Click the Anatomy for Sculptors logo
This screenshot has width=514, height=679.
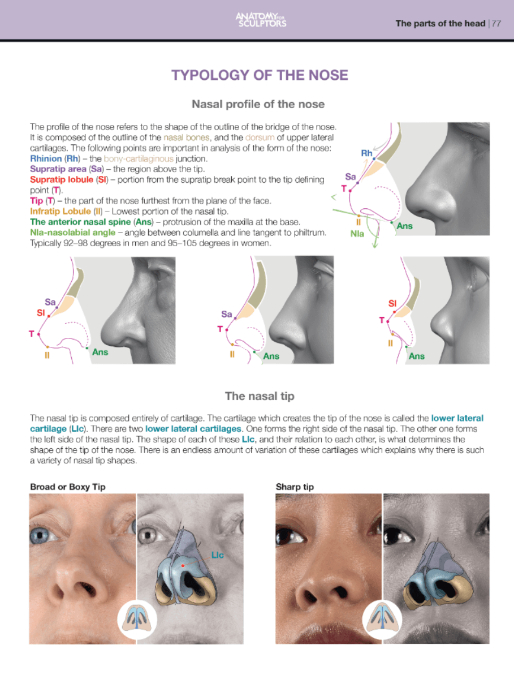coord(261,20)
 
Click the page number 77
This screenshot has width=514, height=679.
coord(496,23)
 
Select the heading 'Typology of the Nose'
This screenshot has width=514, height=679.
coord(260,75)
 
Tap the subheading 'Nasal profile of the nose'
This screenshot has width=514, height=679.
coord(258,104)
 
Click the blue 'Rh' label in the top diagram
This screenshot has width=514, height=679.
coord(366,153)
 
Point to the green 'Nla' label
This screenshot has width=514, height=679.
coord(357,233)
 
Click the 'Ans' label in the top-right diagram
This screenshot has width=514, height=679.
coord(404,226)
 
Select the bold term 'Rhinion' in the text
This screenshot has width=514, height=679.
coord(47,158)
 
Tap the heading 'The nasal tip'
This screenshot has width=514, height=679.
coord(259,396)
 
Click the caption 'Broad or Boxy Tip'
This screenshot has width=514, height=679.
coord(67,487)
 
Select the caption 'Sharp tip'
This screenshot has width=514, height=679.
coord(295,487)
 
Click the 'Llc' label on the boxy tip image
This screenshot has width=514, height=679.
coord(218,555)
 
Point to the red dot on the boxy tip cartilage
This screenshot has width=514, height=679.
coord(183,565)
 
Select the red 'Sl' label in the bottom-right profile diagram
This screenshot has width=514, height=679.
coord(392,304)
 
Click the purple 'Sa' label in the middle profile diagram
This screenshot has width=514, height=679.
coord(227,314)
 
